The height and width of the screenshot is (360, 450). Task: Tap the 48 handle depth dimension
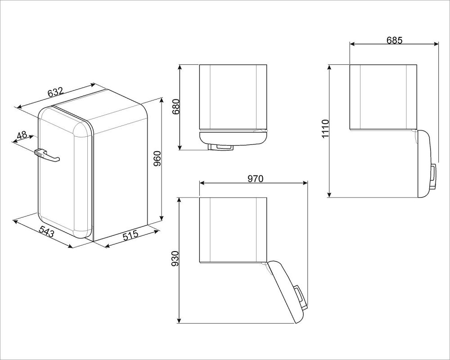[x=22, y=135]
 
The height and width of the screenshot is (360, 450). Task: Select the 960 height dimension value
[x=157, y=159]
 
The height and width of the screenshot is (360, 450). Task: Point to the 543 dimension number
[x=46, y=231]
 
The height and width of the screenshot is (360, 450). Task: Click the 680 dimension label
[x=175, y=107]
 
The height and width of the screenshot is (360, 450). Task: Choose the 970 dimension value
[x=255, y=179]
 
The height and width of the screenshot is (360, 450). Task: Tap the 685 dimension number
[x=394, y=40]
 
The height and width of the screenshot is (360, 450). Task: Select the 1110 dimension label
[x=325, y=129]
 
